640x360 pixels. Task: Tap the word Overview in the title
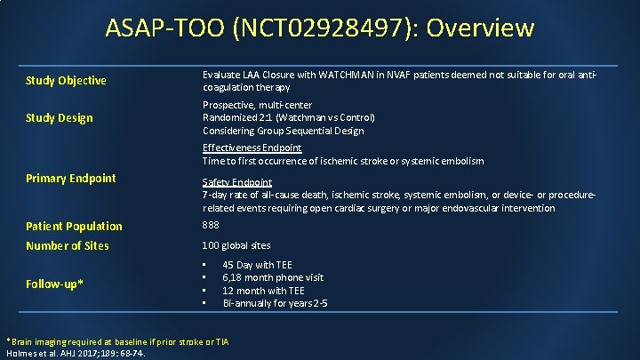(x=480, y=28)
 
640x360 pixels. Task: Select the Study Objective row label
(x=66, y=81)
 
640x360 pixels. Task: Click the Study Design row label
(x=59, y=118)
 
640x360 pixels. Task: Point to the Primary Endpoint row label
(x=70, y=178)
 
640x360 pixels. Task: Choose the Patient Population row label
(x=74, y=227)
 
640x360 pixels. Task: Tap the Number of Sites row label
(x=68, y=245)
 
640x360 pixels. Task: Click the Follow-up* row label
(x=55, y=284)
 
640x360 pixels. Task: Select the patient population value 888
(x=212, y=226)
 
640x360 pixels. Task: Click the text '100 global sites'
(x=236, y=245)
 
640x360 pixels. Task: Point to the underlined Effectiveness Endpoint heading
(x=252, y=148)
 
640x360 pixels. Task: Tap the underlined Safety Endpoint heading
(x=237, y=181)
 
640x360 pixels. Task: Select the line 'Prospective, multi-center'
(x=257, y=105)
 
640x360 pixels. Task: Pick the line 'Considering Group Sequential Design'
(x=283, y=131)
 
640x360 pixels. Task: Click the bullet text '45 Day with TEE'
(x=257, y=265)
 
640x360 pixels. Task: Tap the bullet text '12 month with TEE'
(x=263, y=291)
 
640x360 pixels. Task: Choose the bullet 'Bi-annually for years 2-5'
(x=275, y=303)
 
